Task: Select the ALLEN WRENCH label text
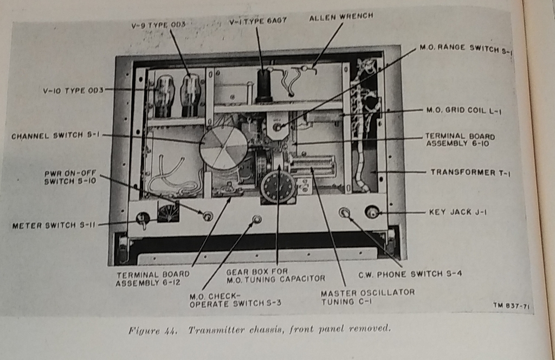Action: pos(341,17)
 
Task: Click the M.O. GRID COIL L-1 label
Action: pos(464,111)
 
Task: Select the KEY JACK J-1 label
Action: pos(457,212)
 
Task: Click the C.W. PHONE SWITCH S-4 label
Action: pos(410,274)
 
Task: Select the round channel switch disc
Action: pos(223,147)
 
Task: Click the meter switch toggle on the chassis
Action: pos(143,220)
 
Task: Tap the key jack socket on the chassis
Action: pos(372,212)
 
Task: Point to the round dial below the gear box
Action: pos(277,187)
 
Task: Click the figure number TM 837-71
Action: pos(512,306)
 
